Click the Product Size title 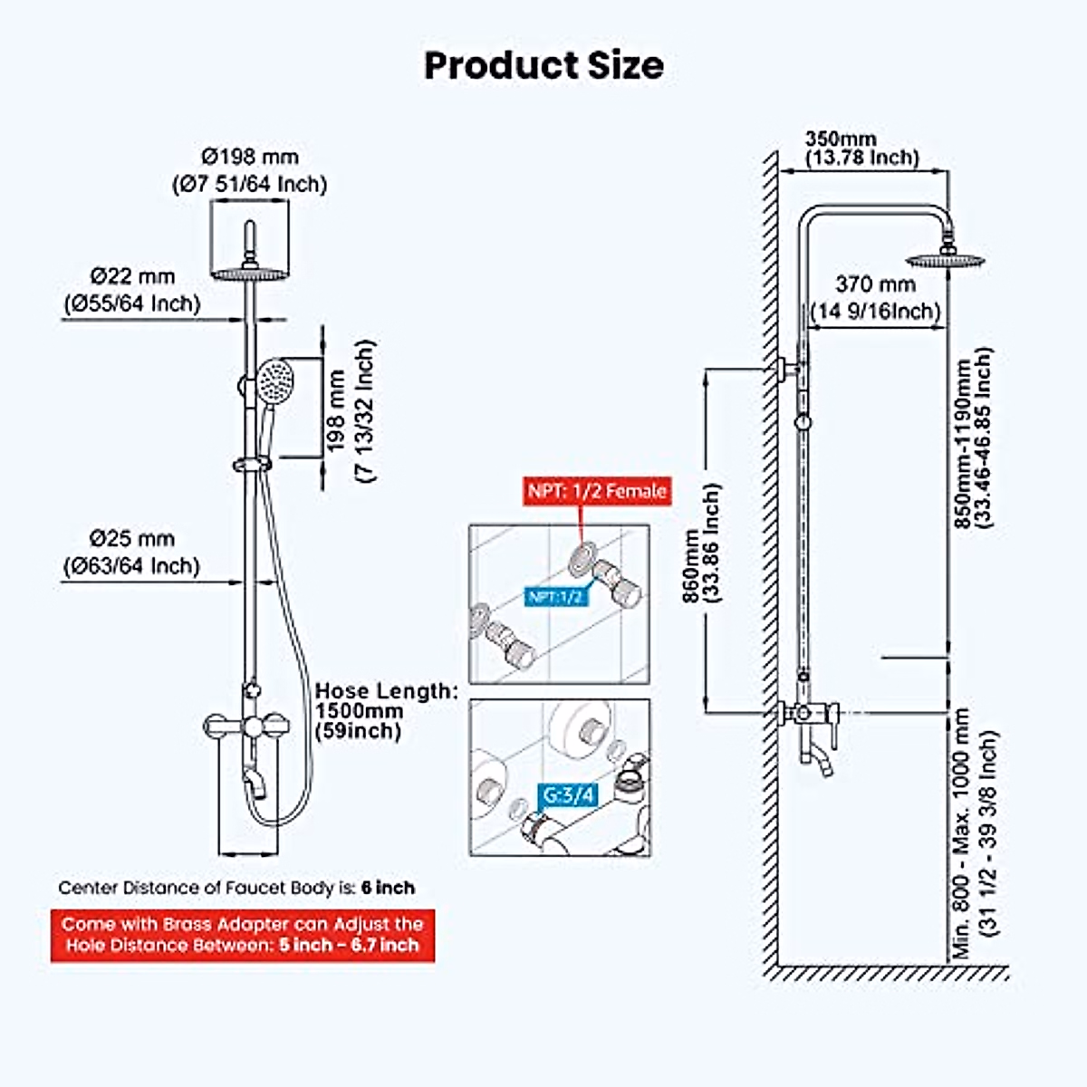click(x=543, y=66)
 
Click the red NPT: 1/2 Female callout click(x=596, y=491)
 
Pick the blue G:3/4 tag click(x=569, y=795)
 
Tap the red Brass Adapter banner click(x=242, y=935)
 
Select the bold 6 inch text click(x=388, y=888)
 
